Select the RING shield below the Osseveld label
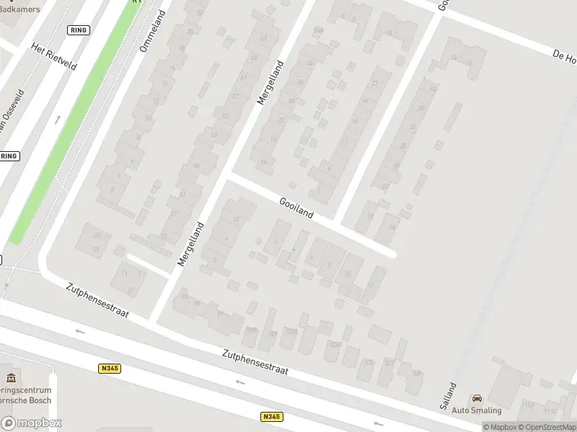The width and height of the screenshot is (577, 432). (9, 156)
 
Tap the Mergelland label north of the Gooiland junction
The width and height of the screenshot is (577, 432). (270, 83)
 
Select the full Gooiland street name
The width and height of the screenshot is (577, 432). (296, 208)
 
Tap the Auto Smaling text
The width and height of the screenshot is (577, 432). (477, 410)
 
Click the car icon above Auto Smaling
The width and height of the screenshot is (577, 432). (477, 398)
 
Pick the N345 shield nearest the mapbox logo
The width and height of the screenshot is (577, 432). (109, 368)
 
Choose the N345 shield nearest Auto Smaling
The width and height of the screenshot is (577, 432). (271, 417)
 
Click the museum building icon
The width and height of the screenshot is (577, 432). (10, 378)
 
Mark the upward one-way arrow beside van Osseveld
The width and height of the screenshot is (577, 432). (57, 119)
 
